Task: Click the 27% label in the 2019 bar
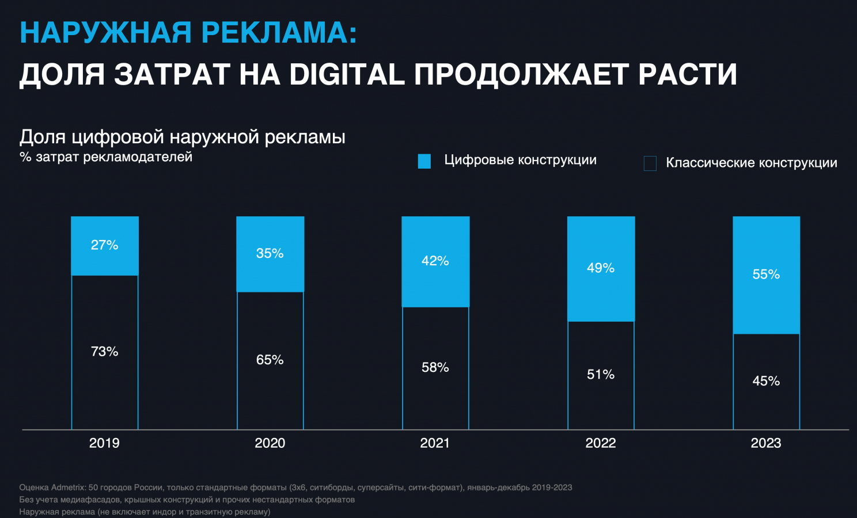point(104,245)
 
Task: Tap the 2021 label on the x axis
point(435,443)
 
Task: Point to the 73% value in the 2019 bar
point(104,352)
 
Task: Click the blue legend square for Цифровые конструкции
point(424,161)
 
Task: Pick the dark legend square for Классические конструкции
point(650,163)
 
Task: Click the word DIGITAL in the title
point(347,75)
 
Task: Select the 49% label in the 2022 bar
point(601,268)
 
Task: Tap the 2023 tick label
point(766,443)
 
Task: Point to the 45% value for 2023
point(766,381)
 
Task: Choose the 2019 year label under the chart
point(104,443)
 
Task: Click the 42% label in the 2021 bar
point(435,261)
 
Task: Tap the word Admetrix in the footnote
point(69,487)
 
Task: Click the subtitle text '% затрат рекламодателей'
point(106,157)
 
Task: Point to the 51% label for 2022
point(601,375)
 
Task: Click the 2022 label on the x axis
point(601,443)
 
